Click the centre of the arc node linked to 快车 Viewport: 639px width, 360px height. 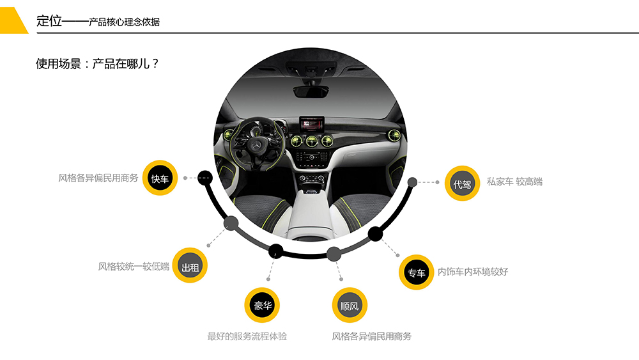pos(205,178)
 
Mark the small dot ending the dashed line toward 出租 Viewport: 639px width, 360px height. pos(209,246)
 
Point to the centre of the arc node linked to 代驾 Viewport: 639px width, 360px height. pos(412,182)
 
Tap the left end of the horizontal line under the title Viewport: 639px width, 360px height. pos(36,33)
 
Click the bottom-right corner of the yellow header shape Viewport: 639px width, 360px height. pos(29,33)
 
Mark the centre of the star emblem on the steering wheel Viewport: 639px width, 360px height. pos(257,146)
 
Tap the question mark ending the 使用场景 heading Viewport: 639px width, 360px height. pos(155,63)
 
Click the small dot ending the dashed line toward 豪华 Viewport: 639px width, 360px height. pos(268,279)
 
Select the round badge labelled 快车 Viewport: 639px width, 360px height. pos(160,178)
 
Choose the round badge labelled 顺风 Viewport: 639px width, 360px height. pos(350,306)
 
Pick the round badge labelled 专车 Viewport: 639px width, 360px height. pos(416,272)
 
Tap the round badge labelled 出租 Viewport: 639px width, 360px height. pos(190,265)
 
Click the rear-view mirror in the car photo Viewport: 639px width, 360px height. pos(311,91)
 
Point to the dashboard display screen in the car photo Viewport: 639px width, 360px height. pos(312,123)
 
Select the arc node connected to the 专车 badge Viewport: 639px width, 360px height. pos(375,234)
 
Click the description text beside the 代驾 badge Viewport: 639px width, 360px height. pos(514,182)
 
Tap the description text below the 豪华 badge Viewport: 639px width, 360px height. pos(247,336)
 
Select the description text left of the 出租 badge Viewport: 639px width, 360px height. pos(134,266)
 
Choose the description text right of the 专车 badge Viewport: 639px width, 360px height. pos(473,272)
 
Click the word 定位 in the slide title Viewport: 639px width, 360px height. pos(49,21)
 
